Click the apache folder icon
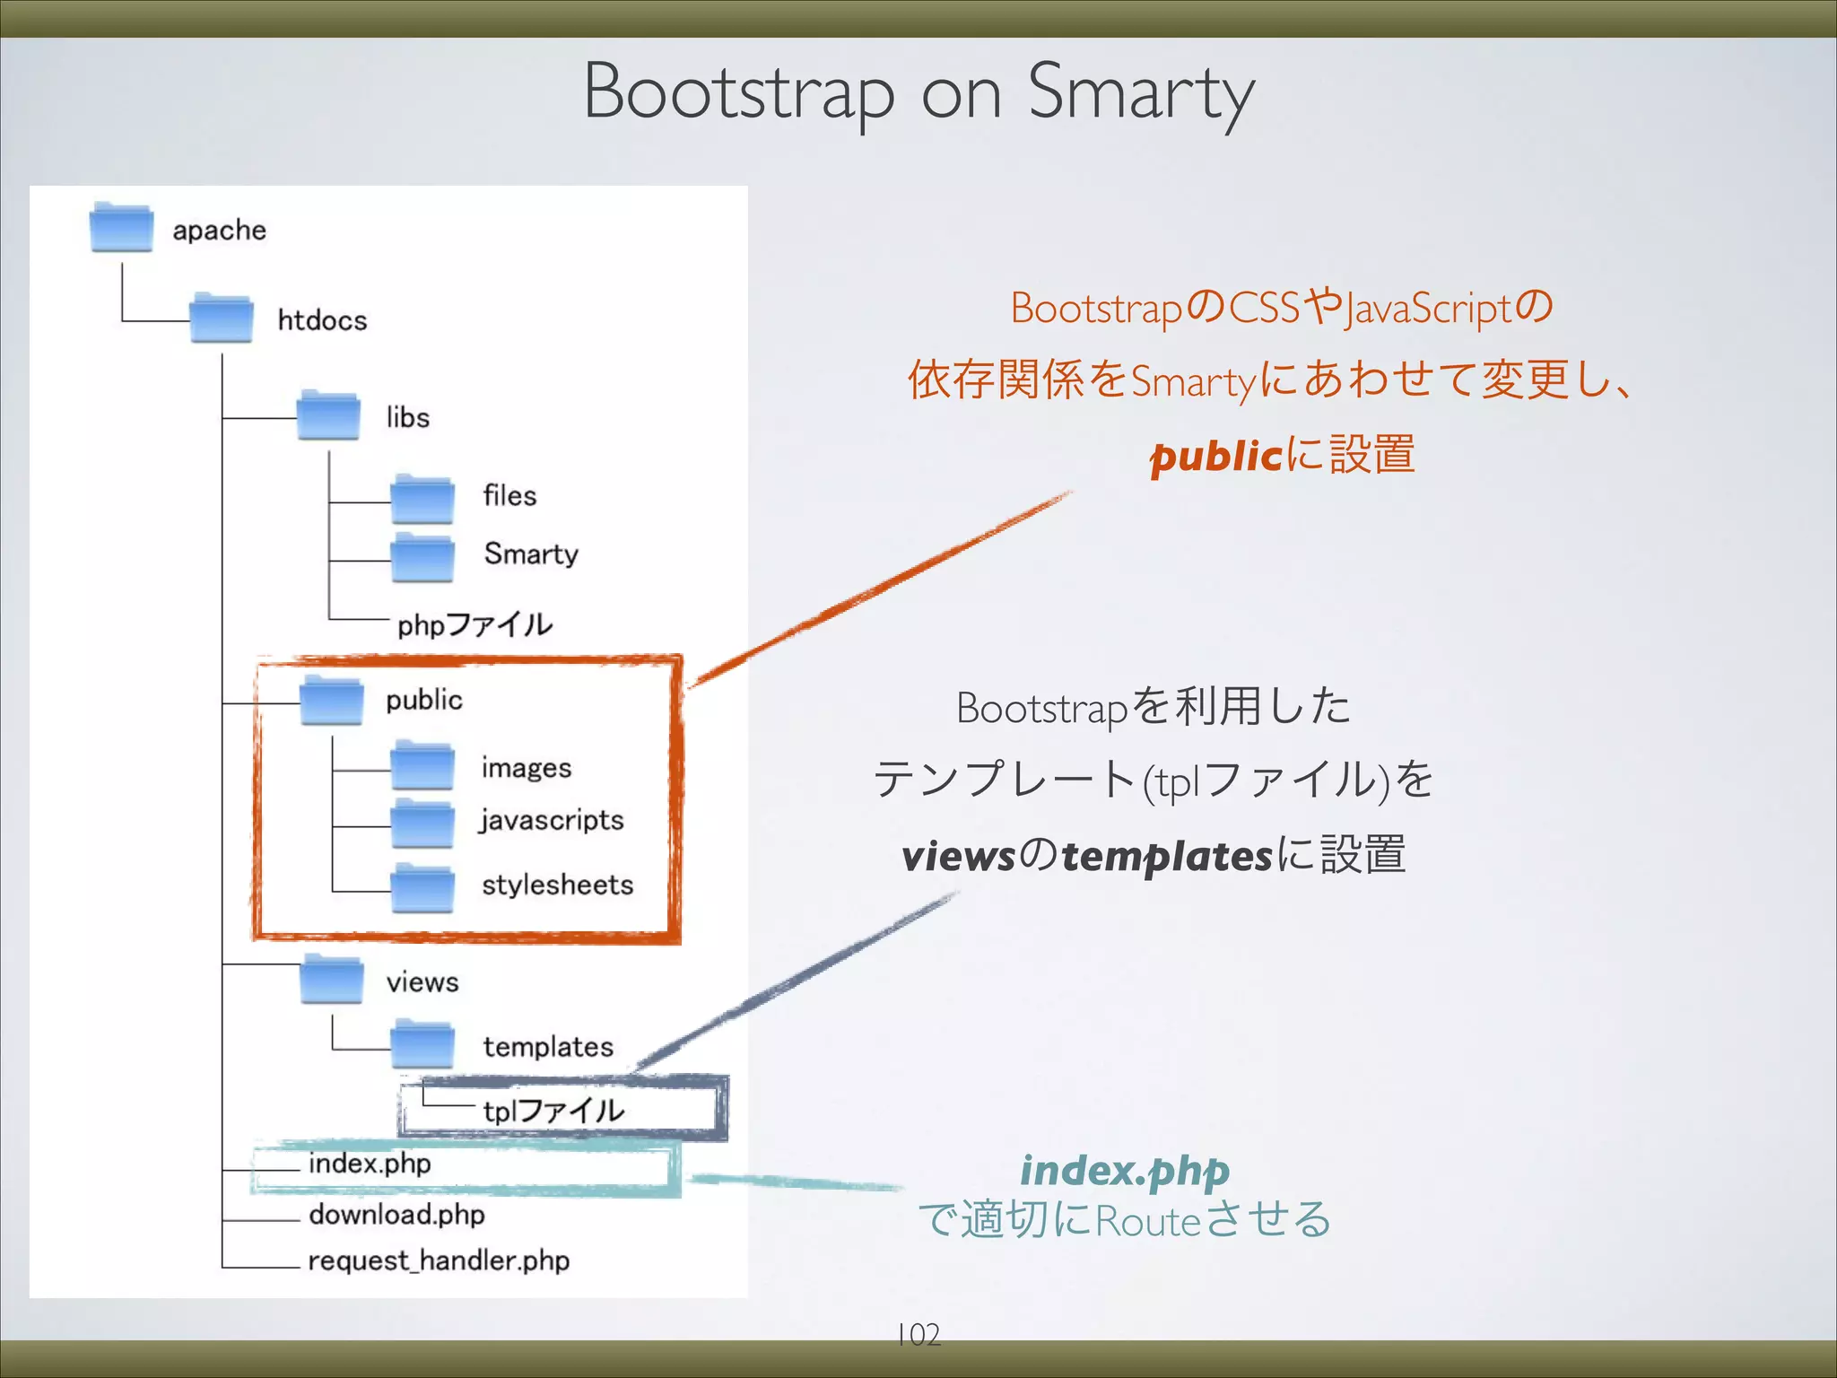click(122, 228)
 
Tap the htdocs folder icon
click(222, 318)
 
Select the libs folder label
click(407, 417)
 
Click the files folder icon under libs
click(422, 499)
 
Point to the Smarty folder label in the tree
click(530, 554)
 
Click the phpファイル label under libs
click(474, 624)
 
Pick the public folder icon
click(331, 700)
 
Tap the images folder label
click(526, 768)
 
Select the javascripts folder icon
click(422, 824)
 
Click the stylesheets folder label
click(557, 885)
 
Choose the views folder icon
click(331, 980)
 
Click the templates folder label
click(548, 1046)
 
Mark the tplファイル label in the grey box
click(553, 1111)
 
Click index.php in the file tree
click(370, 1164)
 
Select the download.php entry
click(396, 1214)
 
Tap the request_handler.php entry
click(439, 1260)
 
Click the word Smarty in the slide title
click(1140, 92)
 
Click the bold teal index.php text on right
click(1125, 1170)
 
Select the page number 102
click(918, 1334)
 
